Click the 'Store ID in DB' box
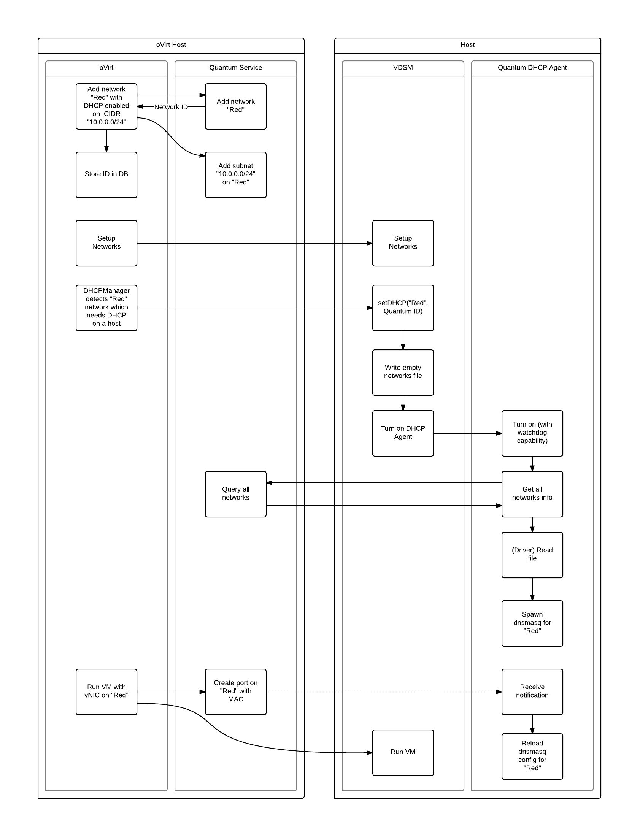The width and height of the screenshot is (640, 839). tap(106, 175)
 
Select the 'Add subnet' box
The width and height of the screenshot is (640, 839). tap(235, 175)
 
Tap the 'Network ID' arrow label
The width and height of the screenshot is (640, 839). tap(171, 107)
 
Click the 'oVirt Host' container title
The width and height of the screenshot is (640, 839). tap(171, 45)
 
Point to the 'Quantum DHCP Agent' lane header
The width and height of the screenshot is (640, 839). tap(532, 68)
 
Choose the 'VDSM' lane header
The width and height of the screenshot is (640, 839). tap(403, 68)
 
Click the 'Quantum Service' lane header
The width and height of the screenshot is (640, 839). tap(235, 68)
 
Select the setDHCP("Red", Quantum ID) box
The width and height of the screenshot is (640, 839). tap(403, 308)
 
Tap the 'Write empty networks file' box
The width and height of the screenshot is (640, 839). tap(403, 372)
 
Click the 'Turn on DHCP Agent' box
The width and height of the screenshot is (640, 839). tap(403, 433)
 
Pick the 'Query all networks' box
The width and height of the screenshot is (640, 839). tap(235, 494)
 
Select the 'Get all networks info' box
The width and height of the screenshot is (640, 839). tap(532, 494)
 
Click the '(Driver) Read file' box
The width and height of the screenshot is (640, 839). tap(532, 555)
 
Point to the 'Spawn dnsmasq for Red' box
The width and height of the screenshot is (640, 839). tap(532, 623)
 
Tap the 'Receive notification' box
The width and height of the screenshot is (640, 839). tap(532, 692)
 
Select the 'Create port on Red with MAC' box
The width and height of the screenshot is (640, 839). tap(235, 692)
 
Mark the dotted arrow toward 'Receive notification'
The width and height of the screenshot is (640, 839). tap(381, 692)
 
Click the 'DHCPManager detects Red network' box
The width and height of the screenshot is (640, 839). tap(106, 308)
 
